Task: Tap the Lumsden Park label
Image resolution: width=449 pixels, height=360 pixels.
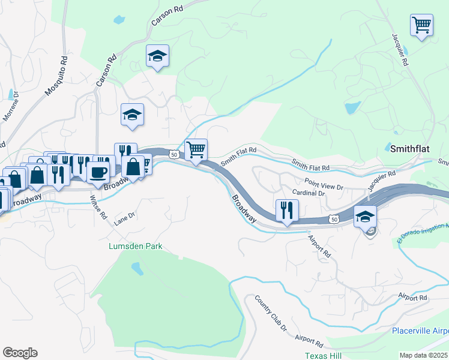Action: pyautogui.click(x=135, y=246)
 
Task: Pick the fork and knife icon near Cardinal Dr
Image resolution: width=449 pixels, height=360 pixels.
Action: pyautogui.click(x=286, y=210)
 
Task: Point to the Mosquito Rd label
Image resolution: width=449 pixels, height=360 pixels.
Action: pyautogui.click(x=58, y=77)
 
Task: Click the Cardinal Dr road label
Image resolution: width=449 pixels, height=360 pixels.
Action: pyautogui.click(x=308, y=194)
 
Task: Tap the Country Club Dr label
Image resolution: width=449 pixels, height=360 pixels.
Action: pyautogui.click(x=271, y=313)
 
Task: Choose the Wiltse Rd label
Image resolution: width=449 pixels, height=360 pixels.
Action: pyautogui.click(x=98, y=206)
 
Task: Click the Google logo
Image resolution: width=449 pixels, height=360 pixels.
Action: pyautogui.click(x=20, y=353)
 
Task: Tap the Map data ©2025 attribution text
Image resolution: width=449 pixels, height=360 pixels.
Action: pyautogui.click(x=424, y=355)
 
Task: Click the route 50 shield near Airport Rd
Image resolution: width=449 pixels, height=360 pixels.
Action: pyautogui.click(x=334, y=220)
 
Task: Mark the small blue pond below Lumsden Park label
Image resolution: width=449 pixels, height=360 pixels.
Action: pyautogui.click(x=137, y=267)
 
